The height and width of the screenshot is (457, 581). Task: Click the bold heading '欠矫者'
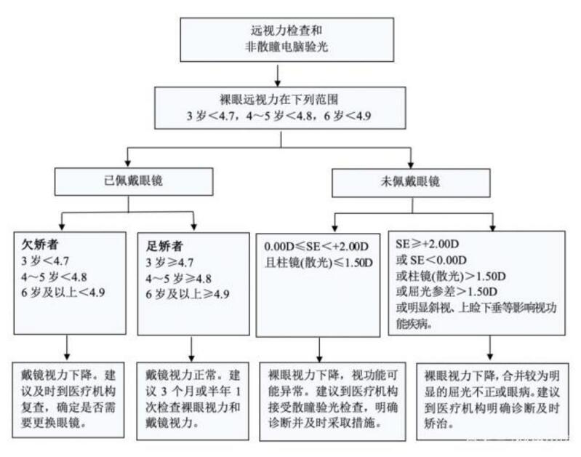40,245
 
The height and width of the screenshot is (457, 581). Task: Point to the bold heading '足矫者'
164,246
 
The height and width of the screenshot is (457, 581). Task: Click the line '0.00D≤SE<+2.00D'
316,247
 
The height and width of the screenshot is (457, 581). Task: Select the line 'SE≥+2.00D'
428,244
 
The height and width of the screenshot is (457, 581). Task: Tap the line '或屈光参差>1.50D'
446,292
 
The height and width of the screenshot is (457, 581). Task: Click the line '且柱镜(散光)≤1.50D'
318,263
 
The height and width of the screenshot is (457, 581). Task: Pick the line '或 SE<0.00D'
431,260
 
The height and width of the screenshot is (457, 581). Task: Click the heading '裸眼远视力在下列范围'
279,100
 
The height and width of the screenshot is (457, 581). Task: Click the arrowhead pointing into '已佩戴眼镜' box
128,163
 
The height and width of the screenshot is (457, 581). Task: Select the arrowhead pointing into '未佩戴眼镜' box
411,164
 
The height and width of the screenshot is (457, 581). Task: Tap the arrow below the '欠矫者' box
67,348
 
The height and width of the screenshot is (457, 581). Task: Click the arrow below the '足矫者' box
191,349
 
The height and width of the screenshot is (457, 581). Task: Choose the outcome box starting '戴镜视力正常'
193,402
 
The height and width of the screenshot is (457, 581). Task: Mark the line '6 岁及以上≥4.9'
188,295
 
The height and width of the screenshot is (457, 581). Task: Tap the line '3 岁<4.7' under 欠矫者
45,261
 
